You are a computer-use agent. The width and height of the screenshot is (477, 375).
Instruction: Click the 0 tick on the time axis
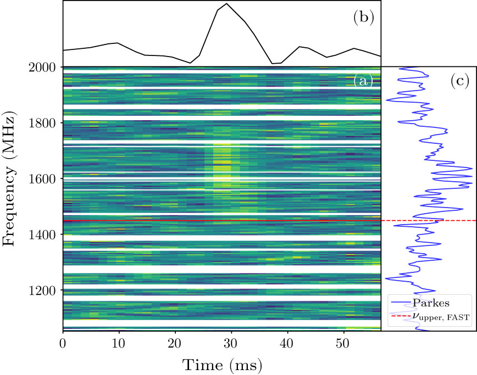pos(63,343)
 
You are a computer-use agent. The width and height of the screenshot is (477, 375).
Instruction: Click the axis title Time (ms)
pos(222,364)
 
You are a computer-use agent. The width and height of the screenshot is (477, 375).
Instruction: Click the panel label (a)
pos(363,81)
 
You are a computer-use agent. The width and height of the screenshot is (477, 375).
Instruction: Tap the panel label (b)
pos(363,18)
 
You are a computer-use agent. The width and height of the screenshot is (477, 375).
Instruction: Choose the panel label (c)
pos(459,81)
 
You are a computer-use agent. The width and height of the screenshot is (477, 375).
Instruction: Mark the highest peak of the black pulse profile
pos(226,4)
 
